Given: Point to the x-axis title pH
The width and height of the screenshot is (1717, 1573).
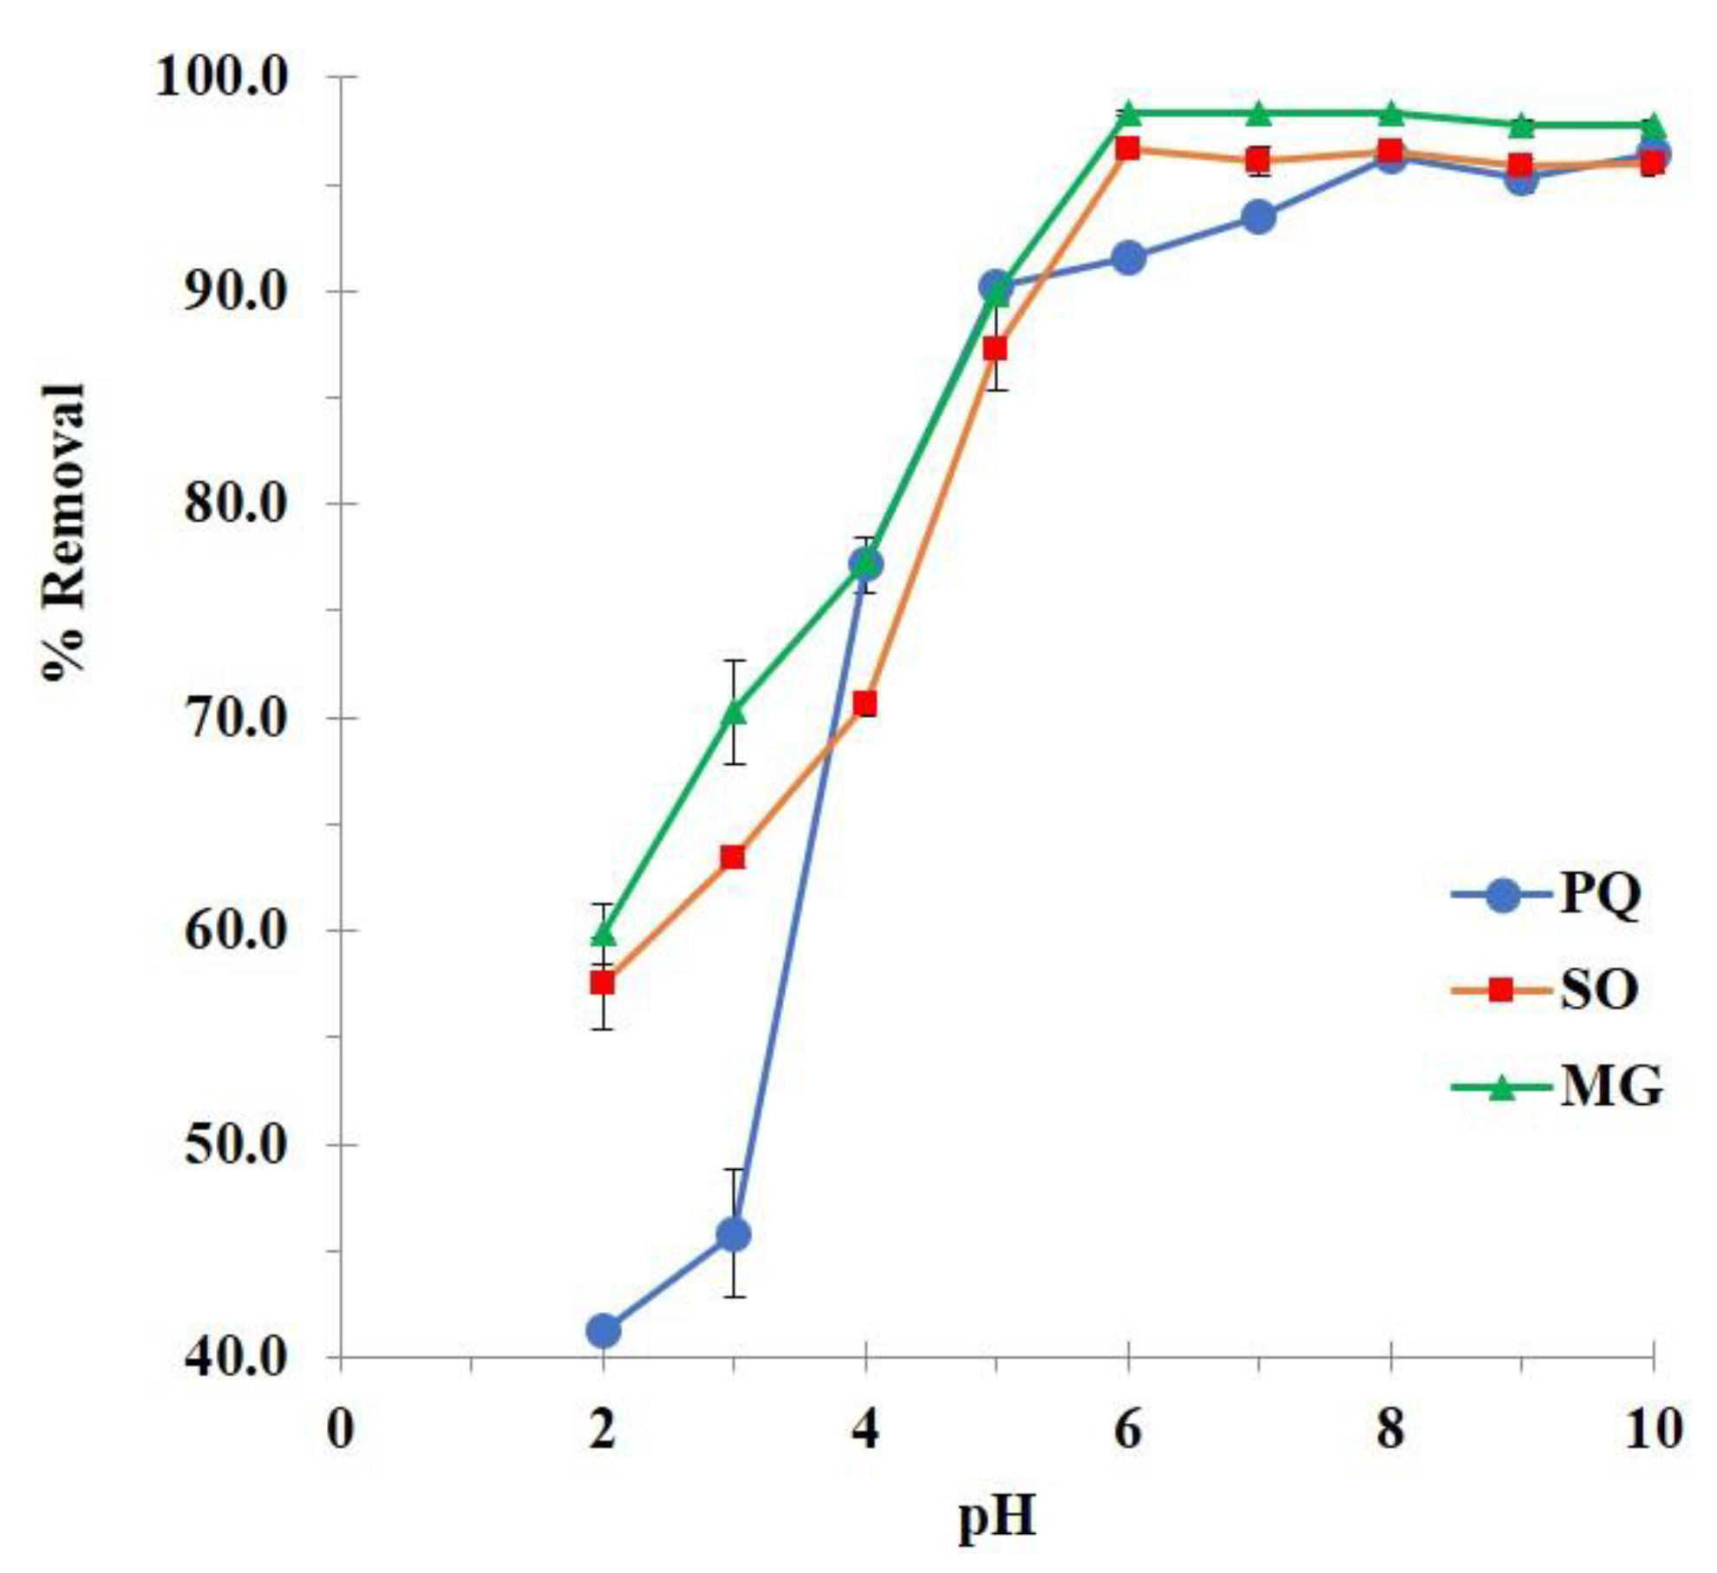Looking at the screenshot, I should tap(996, 1518).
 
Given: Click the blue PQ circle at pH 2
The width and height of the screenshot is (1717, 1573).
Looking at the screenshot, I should tap(604, 1330).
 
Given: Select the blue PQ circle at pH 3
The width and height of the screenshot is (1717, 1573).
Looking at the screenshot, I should tap(734, 1235).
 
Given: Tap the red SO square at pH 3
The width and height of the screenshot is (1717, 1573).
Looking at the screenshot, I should tap(734, 858).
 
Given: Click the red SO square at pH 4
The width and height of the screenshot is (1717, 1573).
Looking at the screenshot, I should tap(865, 703).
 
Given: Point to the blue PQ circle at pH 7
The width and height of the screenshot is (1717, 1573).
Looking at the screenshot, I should tap(1258, 217).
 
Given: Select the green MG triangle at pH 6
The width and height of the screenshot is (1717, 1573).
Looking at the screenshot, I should tap(1127, 113).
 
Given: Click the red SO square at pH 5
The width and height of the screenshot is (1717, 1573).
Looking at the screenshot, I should tap(996, 349).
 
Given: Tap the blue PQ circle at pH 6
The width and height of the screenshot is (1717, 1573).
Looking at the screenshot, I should tap(1127, 258).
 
